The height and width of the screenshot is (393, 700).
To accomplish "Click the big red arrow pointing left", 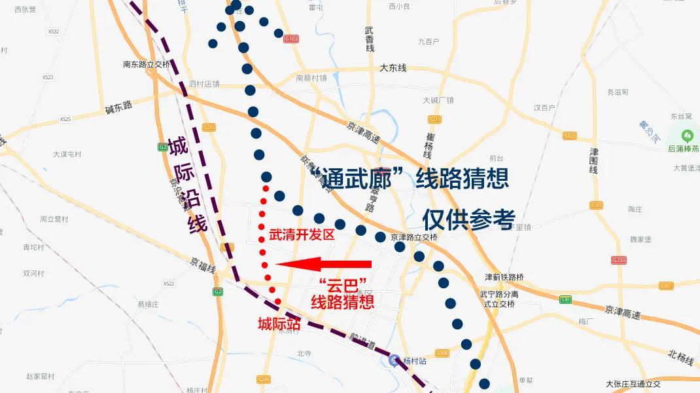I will click(x=323, y=264).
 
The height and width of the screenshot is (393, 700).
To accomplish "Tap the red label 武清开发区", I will click(x=302, y=234).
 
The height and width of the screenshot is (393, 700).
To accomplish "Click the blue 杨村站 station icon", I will click(x=394, y=360).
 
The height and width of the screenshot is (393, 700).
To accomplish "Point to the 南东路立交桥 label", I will click(x=147, y=64).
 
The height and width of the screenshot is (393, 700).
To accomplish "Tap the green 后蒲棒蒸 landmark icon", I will click(x=687, y=136).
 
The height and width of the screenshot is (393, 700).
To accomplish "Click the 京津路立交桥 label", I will click(x=413, y=237).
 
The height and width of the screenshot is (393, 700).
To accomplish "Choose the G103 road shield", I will click(x=292, y=39).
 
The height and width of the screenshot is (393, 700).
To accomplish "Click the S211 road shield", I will click(x=435, y=119).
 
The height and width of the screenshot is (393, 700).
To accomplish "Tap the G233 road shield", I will click(x=619, y=260).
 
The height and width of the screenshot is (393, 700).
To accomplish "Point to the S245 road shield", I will click(x=264, y=379).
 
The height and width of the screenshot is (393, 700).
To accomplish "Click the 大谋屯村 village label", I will click(x=67, y=155).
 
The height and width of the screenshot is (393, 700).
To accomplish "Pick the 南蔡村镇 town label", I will click(x=311, y=77).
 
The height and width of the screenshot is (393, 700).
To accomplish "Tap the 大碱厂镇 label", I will click(x=438, y=100).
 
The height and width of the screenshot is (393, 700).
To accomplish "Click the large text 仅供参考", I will click(x=468, y=219).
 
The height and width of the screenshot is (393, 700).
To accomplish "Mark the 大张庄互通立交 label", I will click(x=633, y=384).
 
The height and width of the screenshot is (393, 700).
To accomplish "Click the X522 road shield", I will click(x=169, y=284).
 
